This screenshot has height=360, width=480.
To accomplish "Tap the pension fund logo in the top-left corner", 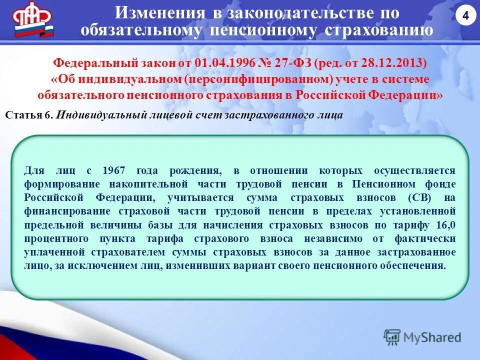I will [33, 20].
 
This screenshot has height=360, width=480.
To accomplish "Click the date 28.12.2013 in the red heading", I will [399, 63].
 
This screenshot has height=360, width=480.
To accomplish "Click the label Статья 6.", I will [29, 114].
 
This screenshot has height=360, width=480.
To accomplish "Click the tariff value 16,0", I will [444, 224].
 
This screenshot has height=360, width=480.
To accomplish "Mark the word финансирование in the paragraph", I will [61, 211].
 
